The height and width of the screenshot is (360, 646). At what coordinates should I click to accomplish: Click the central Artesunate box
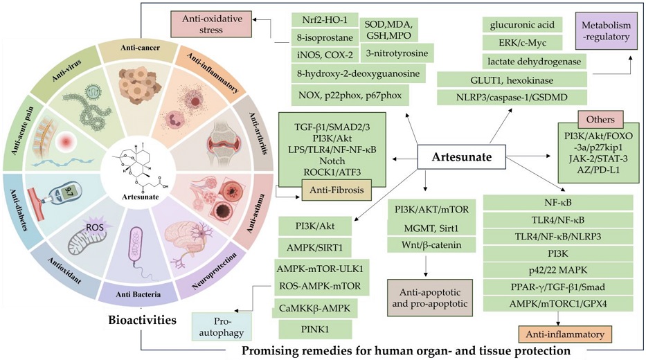click(461, 157)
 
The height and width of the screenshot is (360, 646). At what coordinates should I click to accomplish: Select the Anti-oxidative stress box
click(211, 24)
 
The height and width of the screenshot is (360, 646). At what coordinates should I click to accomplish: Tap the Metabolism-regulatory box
click(606, 31)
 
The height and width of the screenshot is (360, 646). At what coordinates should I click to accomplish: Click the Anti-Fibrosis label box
click(337, 190)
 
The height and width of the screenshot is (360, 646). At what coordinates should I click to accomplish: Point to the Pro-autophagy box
click(222, 327)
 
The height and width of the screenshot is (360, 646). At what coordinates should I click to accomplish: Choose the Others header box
click(600, 120)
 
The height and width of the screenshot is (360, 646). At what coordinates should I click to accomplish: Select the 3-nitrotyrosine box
click(397, 53)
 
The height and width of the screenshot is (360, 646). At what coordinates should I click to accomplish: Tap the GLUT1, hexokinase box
click(512, 80)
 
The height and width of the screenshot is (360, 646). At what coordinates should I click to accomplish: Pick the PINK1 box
click(315, 329)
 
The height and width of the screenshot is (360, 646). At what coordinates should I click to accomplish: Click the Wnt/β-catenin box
click(431, 244)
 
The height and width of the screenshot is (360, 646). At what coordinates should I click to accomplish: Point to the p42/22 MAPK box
click(558, 270)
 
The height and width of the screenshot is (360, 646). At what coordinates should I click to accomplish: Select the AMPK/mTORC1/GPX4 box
click(558, 303)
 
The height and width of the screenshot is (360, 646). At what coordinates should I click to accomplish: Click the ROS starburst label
click(94, 226)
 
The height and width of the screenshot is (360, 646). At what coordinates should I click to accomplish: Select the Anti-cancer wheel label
click(140, 48)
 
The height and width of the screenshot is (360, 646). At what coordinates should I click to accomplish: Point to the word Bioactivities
click(142, 320)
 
